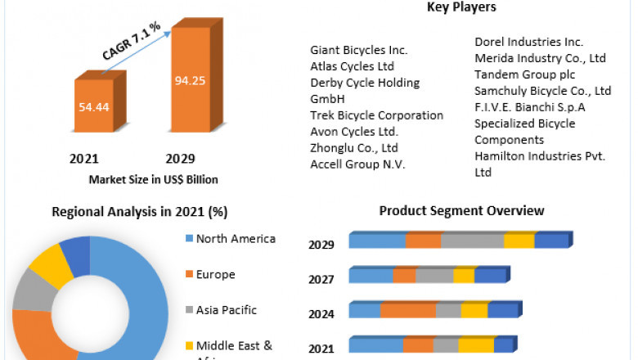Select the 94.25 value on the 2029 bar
[x=191, y=80]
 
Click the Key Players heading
[x=461, y=7]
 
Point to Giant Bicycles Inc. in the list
[x=359, y=50]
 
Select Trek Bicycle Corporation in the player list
[x=376, y=115]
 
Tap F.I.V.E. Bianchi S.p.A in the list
[x=530, y=107]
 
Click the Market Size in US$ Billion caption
[x=153, y=179]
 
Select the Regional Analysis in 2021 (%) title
[x=139, y=212]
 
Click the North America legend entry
[x=236, y=239]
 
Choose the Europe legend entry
[x=215, y=274]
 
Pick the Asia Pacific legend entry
[x=226, y=310]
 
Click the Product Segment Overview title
[x=461, y=211]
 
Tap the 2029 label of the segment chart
[x=321, y=244]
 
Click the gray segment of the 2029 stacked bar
[x=472, y=241]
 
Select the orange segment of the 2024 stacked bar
[x=407, y=310]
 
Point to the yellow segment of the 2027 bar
[x=464, y=276]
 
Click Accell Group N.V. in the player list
[x=358, y=164]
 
